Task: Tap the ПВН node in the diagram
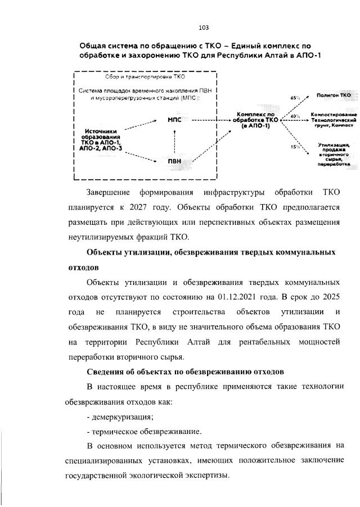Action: coord(175,162)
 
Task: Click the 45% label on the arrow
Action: coord(294,99)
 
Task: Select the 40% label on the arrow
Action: coord(294,116)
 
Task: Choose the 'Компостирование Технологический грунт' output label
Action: coord(335,117)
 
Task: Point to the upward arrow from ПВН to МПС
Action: coord(175,141)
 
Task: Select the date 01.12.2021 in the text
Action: coord(246,296)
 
